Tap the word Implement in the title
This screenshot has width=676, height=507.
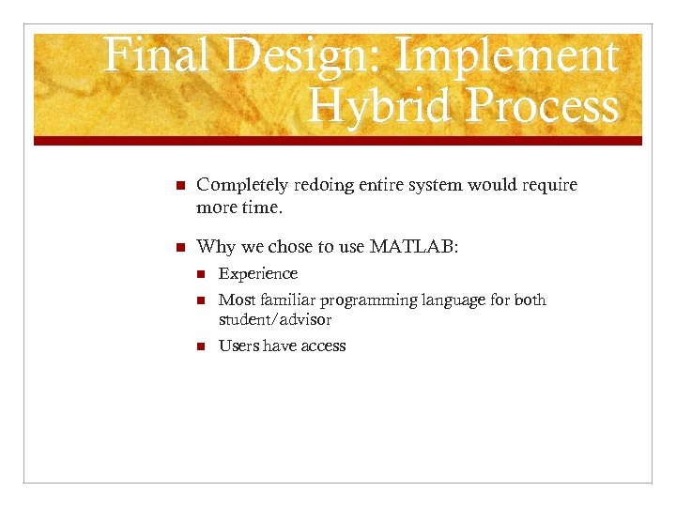point(508,56)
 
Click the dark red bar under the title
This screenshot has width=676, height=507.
point(338,141)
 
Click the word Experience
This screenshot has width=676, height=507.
point(257,274)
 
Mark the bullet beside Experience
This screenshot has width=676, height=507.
point(200,274)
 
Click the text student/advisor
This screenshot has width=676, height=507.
point(274,320)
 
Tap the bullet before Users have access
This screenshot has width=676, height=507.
point(200,346)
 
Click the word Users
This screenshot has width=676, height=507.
point(238,346)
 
